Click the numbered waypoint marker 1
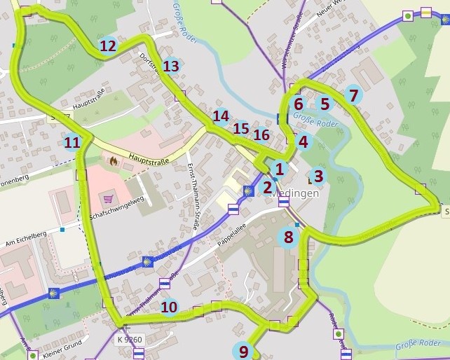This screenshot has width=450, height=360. pyautogui.click(x=280, y=169)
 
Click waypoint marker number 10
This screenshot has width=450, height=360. pyautogui.click(x=169, y=307)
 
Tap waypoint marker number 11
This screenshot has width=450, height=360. pyautogui.click(x=72, y=143)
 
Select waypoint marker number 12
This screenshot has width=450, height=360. pyautogui.click(x=108, y=46)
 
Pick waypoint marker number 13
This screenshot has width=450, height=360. pyautogui.click(x=172, y=66)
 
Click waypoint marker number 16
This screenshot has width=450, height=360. pyautogui.click(x=261, y=134)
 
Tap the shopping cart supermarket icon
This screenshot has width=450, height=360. pyautogui.click(x=107, y=198)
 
